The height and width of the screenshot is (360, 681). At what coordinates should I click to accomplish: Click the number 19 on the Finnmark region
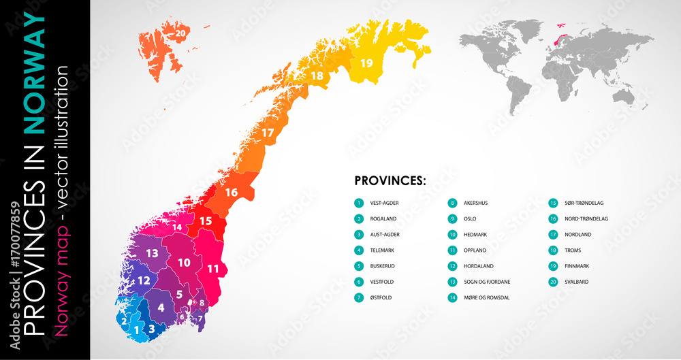coord(367,63)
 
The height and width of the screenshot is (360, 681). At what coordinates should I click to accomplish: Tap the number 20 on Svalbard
coord(180,32)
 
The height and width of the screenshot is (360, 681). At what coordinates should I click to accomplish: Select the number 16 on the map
coord(232,193)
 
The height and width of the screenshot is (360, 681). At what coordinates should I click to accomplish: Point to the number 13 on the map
coord(152,253)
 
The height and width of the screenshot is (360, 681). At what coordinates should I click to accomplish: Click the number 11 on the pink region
coord(213,269)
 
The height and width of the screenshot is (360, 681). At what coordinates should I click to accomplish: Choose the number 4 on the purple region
coord(161,307)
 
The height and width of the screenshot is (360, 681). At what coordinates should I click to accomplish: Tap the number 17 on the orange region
coord(268,133)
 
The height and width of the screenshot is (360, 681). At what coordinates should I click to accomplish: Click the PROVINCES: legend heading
coord(390,181)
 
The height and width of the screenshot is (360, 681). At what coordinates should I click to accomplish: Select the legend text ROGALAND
coord(383,218)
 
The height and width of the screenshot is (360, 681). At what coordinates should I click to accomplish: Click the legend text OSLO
coord(470,218)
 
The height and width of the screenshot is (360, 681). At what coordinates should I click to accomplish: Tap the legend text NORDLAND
coord(577,234)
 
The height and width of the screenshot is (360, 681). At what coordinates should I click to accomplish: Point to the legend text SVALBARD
coord(577,282)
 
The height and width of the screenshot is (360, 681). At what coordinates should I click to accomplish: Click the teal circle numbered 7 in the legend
coord(359,297)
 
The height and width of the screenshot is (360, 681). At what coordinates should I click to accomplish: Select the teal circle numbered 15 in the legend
coord(553,203)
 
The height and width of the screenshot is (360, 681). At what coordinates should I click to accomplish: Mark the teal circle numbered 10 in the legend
coord(452,234)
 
